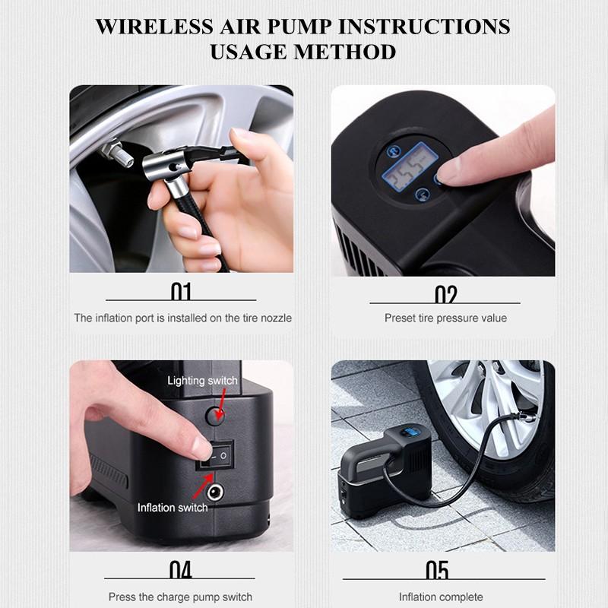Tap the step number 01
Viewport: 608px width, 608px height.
coord(181,293)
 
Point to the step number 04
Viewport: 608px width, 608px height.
coord(181,570)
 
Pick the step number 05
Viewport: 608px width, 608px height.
coord(437,570)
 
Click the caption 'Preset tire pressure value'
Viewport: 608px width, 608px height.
coord(445,318)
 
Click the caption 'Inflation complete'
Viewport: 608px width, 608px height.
coord(441,597)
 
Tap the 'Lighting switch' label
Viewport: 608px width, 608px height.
coord(202,380)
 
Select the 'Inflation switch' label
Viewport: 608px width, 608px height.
coord(173,507)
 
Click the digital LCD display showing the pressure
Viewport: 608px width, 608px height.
coord(411,166)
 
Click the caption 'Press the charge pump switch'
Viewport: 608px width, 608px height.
coord(180,597)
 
